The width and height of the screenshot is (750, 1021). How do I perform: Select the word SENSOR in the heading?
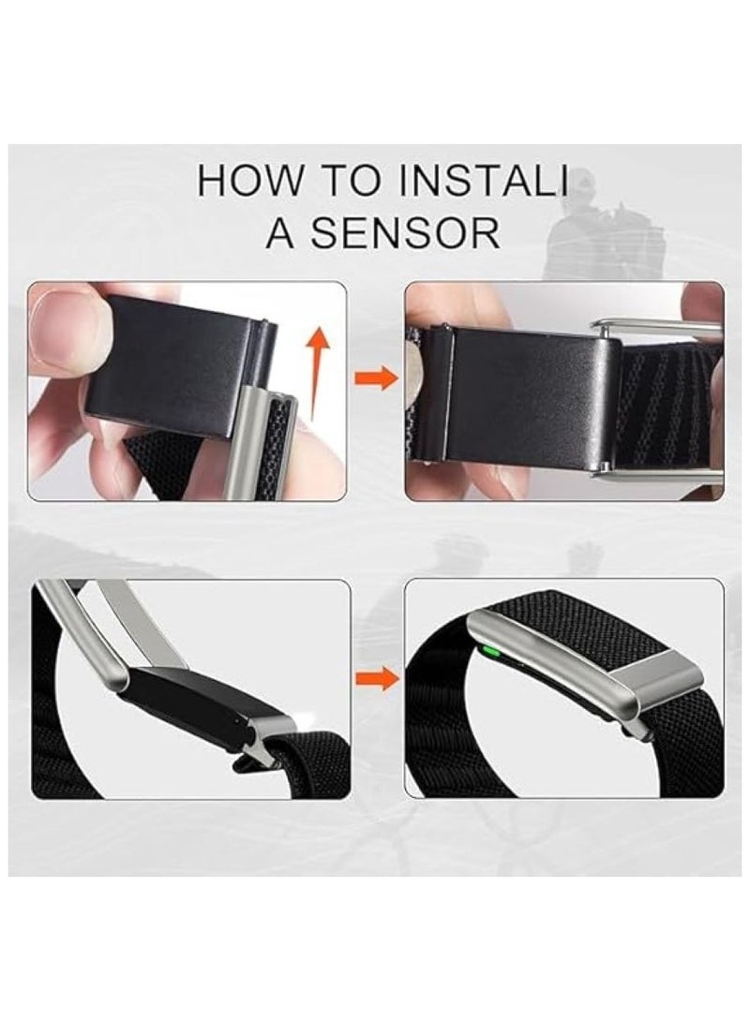click(x=404, y=233)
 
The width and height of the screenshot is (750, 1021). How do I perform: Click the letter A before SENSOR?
click(x=280, y=233)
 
